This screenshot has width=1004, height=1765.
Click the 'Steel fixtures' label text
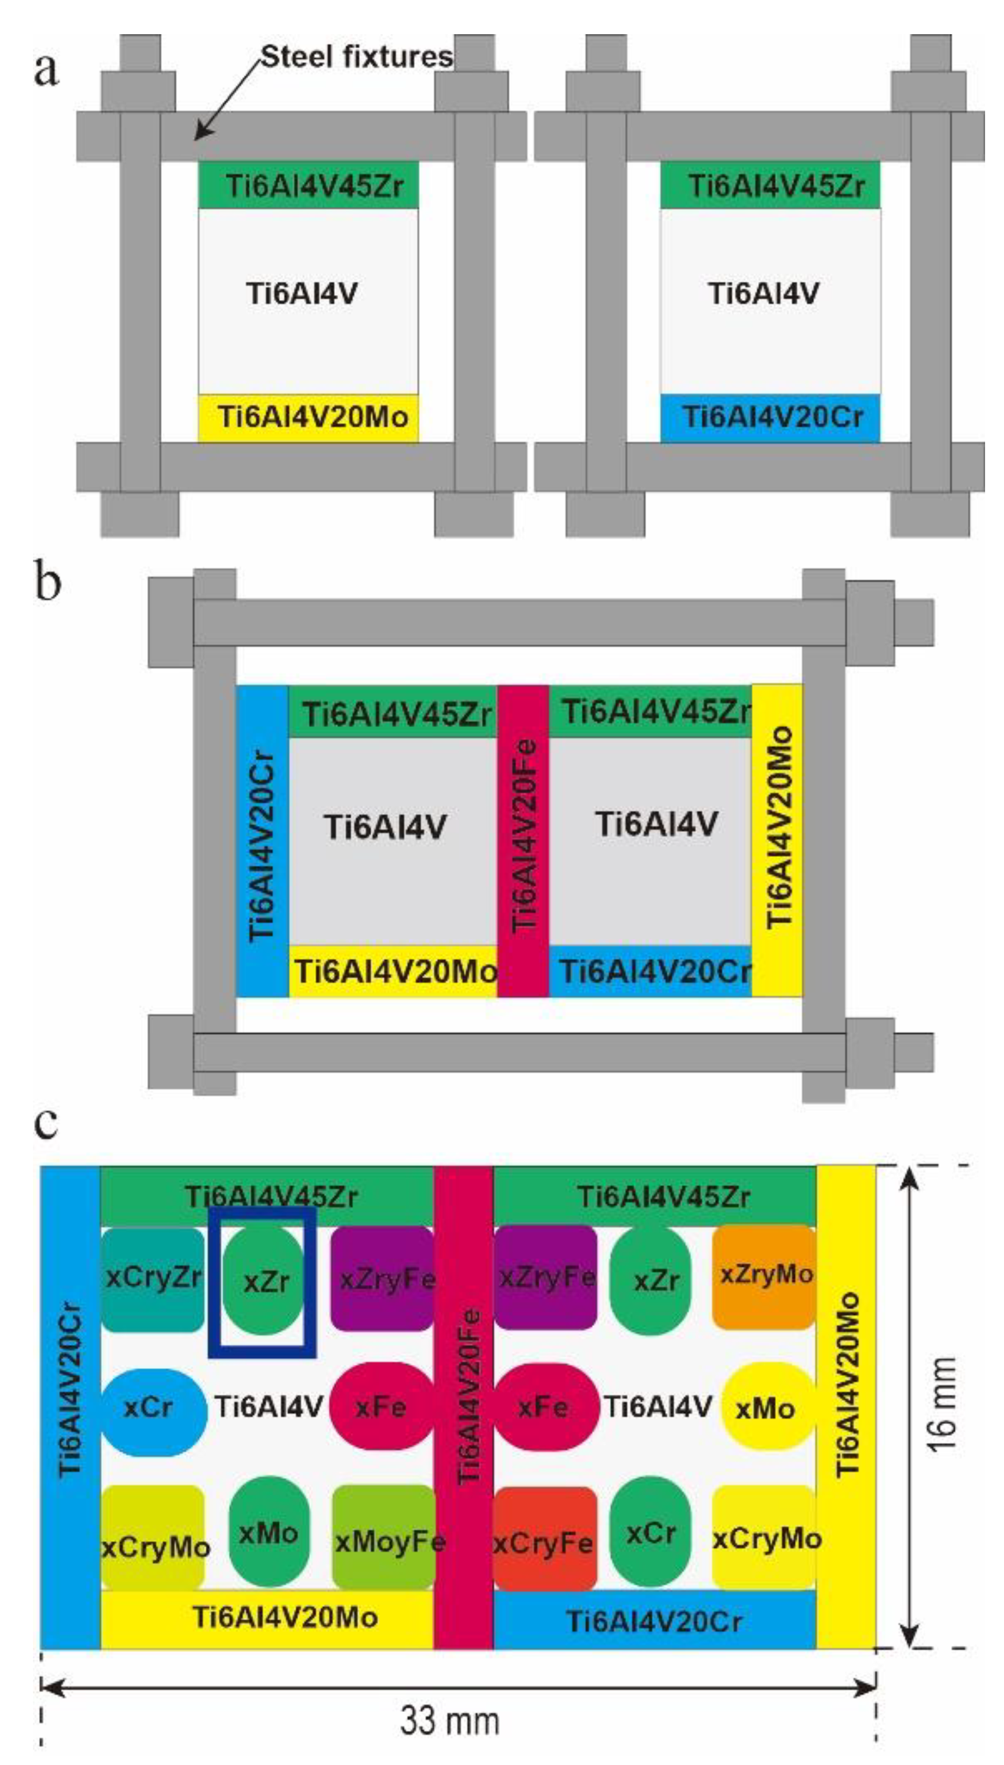click(356, 57)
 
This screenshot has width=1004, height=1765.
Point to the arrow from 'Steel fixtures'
click(228, 96)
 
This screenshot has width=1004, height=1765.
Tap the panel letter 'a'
click(46, 70)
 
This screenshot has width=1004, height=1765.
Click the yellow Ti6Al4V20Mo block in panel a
click(308, 417)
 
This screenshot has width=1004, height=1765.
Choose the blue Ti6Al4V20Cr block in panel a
click(770, 417)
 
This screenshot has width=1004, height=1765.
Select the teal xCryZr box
click(152, 1278)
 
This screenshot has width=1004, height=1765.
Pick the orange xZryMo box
click(764, 1275)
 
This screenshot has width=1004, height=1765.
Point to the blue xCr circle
click(152, 1406)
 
